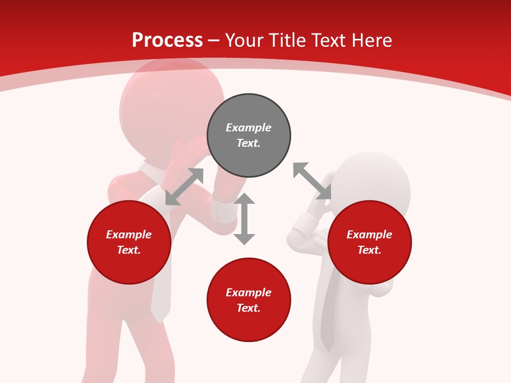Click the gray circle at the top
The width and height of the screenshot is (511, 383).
[x=249, y=136]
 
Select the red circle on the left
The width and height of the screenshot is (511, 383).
[x=129, y=243]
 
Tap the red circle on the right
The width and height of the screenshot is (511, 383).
[x=369, y=243]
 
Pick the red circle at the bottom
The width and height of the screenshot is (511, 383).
[x=249, y=300]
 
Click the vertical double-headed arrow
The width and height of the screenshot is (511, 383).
[x=244, y=219]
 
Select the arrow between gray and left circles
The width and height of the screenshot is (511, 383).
[x=184, y=187]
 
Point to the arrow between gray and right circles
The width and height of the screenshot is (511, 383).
[x=312, y=181]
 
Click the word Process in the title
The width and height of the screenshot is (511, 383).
[x=167, y=40]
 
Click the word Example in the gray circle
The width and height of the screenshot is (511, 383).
[x=249, y=128]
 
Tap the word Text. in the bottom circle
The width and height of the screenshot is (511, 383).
[x=249, y=308]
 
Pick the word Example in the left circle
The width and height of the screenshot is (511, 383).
[x=129, y=235]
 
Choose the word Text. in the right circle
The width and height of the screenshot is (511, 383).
[x=369, y=250]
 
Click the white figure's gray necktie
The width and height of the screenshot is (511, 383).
[x=326, y=319]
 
